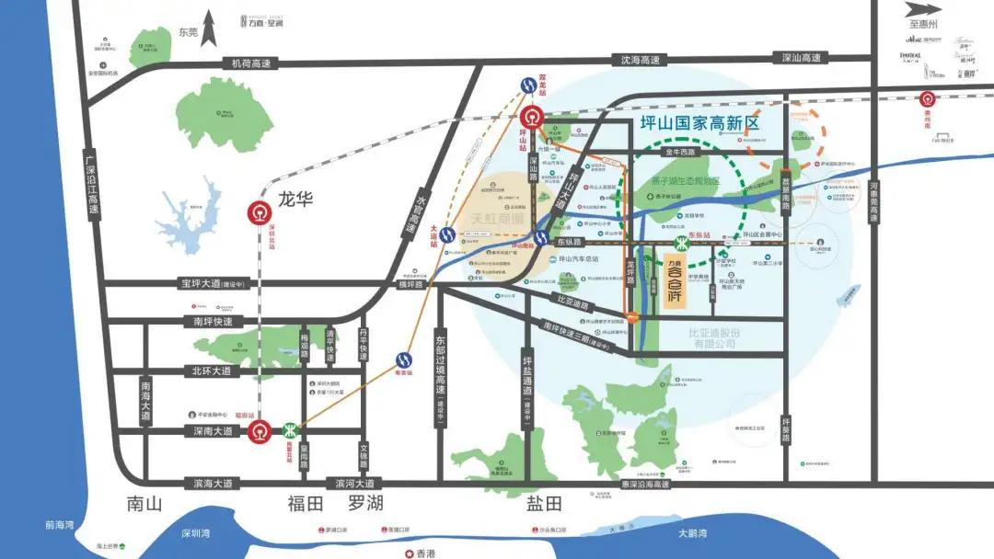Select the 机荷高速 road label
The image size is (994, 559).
pos(252,63)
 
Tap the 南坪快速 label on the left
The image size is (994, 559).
pos(212,322)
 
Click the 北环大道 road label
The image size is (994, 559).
pos(212,371)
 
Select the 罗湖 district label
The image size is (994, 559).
pos(364,504)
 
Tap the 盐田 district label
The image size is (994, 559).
pos(543,504)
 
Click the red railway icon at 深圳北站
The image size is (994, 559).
pos(259,212)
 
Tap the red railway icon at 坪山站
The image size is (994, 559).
pos(532,118)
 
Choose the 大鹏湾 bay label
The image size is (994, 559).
pos(691,534)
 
